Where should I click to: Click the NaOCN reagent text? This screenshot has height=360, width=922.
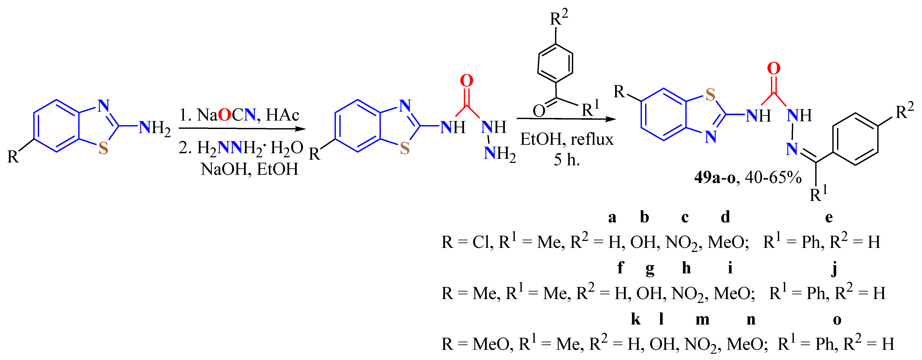[226, 115]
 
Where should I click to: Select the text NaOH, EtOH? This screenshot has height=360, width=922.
[249, 169]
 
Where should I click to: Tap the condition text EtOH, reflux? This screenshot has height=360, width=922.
[567, 139]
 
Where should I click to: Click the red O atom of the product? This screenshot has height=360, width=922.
[774, 68]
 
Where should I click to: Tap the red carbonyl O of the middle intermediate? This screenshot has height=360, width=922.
[466, 81]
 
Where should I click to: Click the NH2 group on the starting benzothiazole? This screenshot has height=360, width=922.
[154, 128]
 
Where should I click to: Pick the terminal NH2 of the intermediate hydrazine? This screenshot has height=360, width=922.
[499, 154]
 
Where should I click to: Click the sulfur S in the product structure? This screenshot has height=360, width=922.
[710, 94]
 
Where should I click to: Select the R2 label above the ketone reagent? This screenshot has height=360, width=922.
[558, 18]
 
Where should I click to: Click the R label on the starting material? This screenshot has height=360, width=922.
[13, 157]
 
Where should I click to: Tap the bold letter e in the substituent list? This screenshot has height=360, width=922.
[829, 217]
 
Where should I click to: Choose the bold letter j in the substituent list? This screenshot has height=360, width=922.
[834, 268]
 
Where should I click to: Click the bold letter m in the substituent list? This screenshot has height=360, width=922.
[702, 319]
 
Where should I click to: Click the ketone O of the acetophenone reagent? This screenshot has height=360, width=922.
[538, 111]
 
